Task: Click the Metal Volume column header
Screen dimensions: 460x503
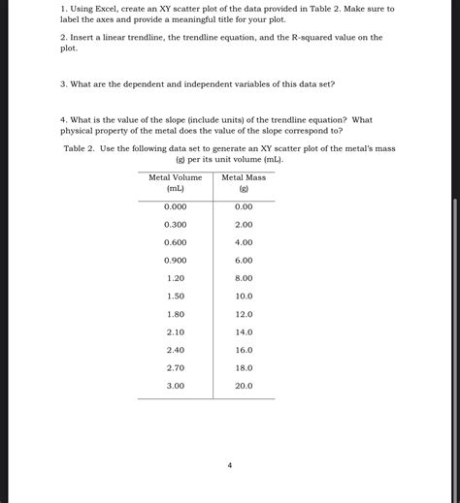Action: click(x=175, y=182)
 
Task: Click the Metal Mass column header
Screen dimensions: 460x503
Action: click(x=244, y=182)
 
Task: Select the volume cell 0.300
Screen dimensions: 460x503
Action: click(x=175, y=224)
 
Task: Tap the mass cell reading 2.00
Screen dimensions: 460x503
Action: click(x=244, y=224)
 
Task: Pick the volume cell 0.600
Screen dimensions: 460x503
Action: click(x=175, y=242)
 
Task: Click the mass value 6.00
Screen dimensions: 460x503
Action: click(x=244, y=260)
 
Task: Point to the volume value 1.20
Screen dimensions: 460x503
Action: click(x=175, y=278)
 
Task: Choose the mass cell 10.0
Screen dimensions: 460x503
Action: click(x=244, y=296)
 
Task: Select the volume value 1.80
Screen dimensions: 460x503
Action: click(x=175, y=314)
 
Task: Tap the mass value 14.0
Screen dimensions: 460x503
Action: click(x=244, y=331)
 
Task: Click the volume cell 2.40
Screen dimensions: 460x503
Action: click(x=175, y=350)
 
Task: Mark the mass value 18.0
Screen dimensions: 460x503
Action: click(x=244, y=367)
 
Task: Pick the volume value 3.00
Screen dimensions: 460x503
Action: click(x=175, y=386)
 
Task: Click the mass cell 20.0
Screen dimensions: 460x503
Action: click(x=244, y=386)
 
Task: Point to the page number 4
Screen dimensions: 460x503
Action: click(x=230, y=466)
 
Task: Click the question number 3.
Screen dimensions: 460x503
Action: click(x=63, y=84)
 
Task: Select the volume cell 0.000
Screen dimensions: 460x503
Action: click(x=175, y=206)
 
